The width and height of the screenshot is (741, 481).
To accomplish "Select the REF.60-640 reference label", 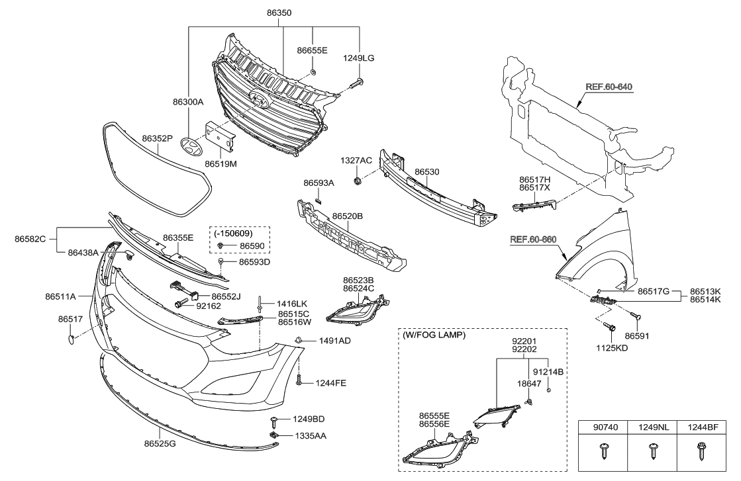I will [x=609, y=87].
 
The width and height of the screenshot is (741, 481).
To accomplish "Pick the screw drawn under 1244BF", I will [x=700, y=452].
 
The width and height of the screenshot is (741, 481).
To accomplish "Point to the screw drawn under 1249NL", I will [x=652, y=452].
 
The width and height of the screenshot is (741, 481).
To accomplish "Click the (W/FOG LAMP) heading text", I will [x=433, y=335].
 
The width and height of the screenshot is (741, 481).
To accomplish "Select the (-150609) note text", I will [x=232, y=234].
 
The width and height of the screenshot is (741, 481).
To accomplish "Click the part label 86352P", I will [x=157, y=139].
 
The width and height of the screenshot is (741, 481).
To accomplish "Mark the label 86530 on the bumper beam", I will [x=426, y=172].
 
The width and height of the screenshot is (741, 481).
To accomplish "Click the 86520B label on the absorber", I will [x=347, y=216].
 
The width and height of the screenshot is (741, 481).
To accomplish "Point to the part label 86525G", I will [x=160, y=443].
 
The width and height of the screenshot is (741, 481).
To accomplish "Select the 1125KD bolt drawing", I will [x=610, y=327].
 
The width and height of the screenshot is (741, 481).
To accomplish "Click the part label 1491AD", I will [x=334, y=341].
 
